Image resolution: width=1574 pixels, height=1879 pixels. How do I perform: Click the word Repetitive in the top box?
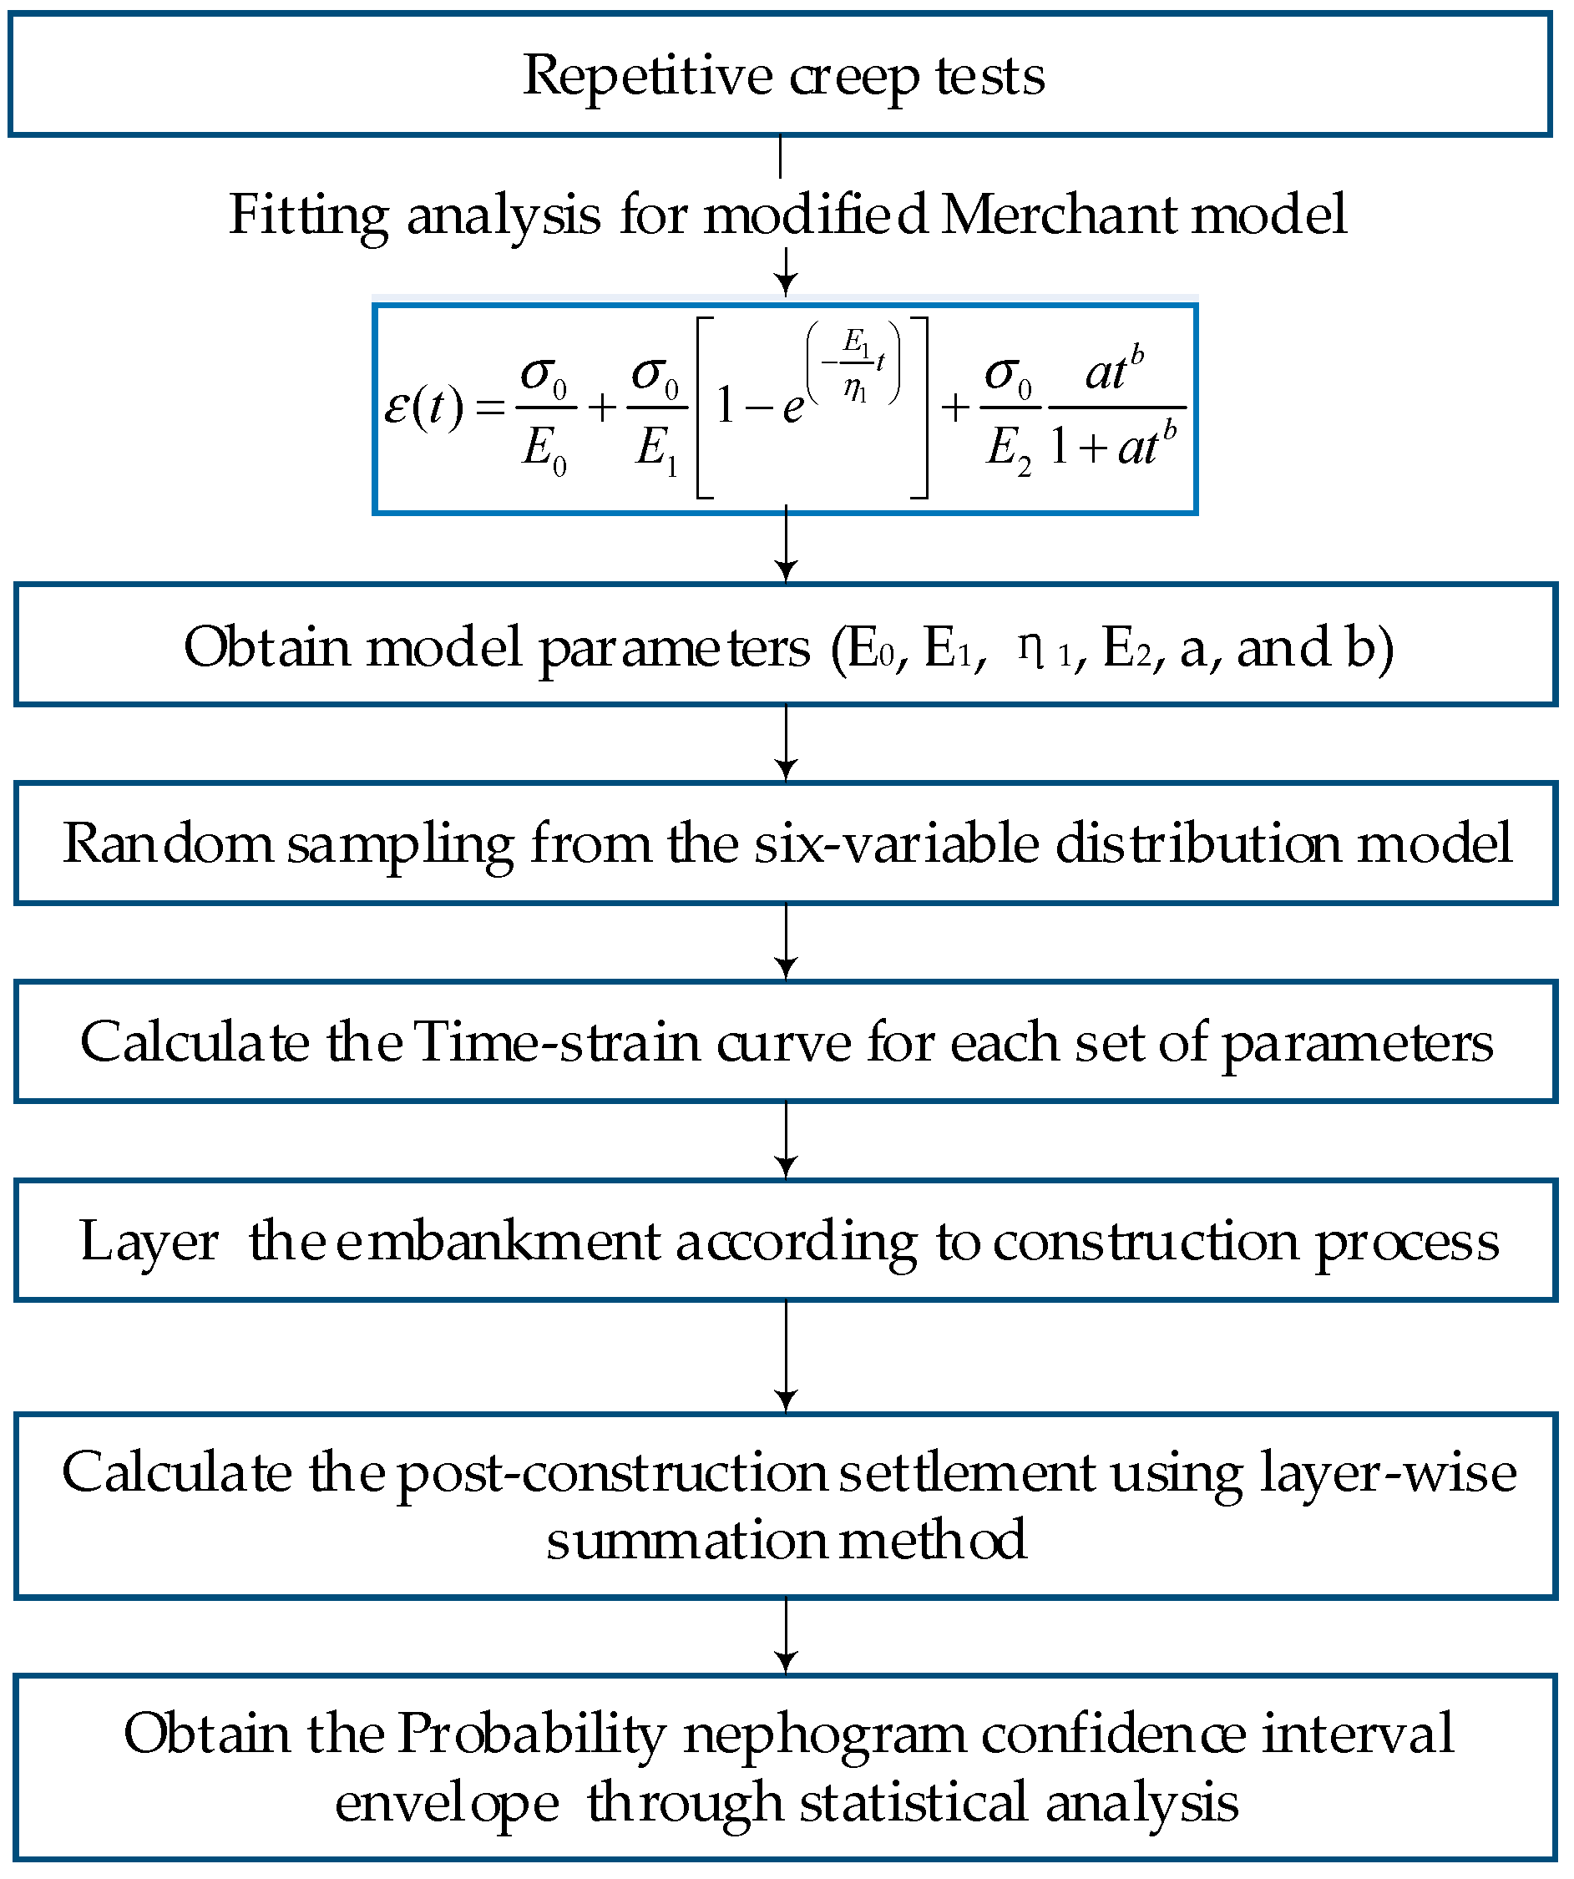click(x=647, y=76)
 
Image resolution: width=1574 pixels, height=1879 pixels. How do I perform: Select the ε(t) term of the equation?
click(x=423, y=408)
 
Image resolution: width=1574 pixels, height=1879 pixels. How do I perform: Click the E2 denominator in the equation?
click(x=1009, y=448)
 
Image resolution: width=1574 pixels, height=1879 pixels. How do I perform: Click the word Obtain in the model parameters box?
click(x=266, y=647)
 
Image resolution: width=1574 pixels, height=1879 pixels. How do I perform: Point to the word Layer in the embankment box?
click(x=149, y=1242)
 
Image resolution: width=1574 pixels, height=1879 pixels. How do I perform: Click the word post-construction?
click(x=612, y=1474)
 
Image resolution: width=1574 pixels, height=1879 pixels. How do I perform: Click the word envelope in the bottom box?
click(x=447, y=1803)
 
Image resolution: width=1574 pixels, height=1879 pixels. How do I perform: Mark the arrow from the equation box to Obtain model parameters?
click(x=786, y=546)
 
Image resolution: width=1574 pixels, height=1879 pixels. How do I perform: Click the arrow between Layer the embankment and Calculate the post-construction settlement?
click(x=786, y=1355)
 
